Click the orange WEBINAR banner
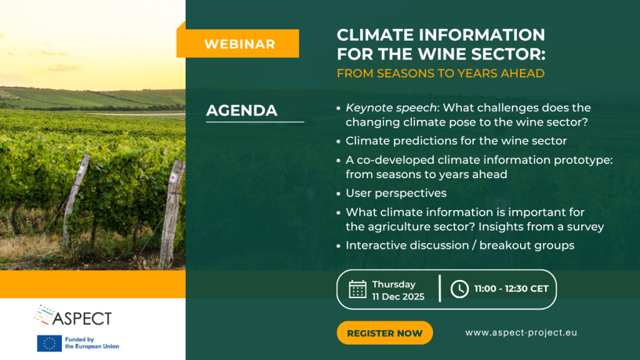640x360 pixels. [238, 43]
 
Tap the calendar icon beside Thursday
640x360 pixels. [357, 289]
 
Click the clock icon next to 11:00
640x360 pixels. [459, 289]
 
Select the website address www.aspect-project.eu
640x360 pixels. [521, 332]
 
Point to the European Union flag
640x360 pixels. [49, 343]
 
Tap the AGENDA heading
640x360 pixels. [242, 111]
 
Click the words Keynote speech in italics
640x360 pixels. [391, 107]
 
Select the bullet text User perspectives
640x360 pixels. [396, 193]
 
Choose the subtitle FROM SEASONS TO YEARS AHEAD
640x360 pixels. [441, 74]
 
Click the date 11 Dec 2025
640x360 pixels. [398, 297]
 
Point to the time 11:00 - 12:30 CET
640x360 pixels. [511, 289]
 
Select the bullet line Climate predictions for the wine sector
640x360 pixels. [456, 141]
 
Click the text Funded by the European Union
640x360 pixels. [92, 343]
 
